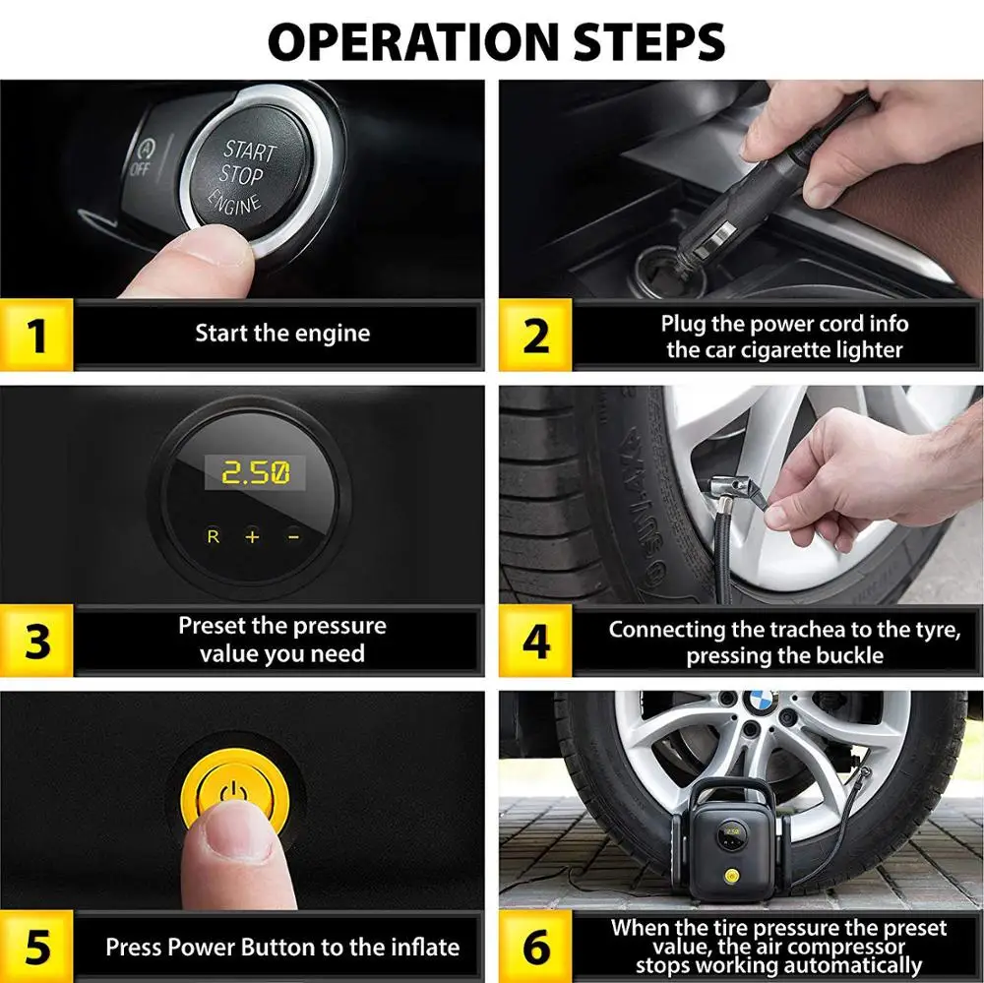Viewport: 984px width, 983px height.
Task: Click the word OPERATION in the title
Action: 413,41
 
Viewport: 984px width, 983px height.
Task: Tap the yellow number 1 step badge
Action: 36,335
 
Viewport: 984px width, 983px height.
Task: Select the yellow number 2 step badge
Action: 535,335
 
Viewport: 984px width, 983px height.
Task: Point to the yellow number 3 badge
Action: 36,641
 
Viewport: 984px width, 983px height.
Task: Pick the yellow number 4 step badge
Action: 535,641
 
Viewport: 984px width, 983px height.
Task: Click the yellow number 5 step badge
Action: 36,947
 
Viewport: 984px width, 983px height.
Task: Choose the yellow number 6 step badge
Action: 535,947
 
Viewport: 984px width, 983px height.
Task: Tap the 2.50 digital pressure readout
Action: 256,472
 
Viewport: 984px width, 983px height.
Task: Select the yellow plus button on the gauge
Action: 252,536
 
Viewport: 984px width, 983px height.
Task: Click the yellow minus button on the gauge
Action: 293,536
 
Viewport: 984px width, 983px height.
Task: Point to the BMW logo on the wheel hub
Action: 761,703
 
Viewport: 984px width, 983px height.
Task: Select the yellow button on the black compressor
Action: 730,875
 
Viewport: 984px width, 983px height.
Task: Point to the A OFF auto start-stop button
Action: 143,158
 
